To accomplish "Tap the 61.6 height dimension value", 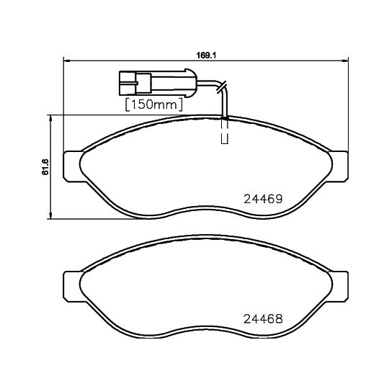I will [x=44, y=166].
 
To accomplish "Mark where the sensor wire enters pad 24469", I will [x=225, y=117].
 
